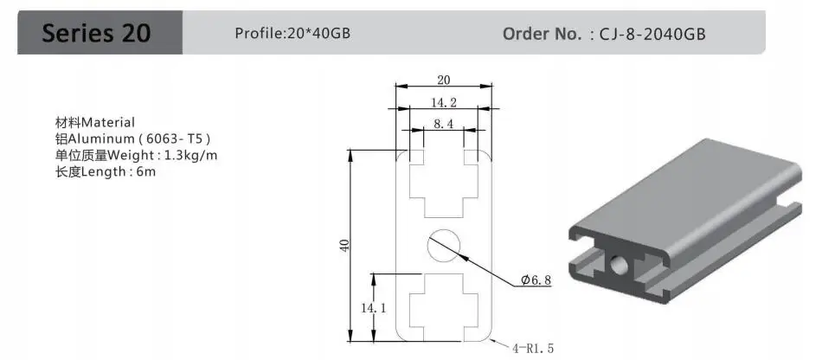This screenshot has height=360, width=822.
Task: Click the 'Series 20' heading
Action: coord(96,33)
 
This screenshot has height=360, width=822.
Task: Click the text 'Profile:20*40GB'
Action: coord(292,34)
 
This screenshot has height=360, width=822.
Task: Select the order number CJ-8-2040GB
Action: coord(652,34)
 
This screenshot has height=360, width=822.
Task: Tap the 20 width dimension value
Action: coord(444,80)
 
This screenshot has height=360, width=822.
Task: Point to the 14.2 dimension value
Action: coord(444,102)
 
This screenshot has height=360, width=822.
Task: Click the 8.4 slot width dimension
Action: coord(443,124)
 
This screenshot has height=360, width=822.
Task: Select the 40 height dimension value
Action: coord(344,245)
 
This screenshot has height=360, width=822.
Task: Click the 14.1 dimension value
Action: coord(373,309)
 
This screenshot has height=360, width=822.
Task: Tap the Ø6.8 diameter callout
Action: coord(536,280)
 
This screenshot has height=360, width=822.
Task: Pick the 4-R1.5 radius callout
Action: coord(533,348)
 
